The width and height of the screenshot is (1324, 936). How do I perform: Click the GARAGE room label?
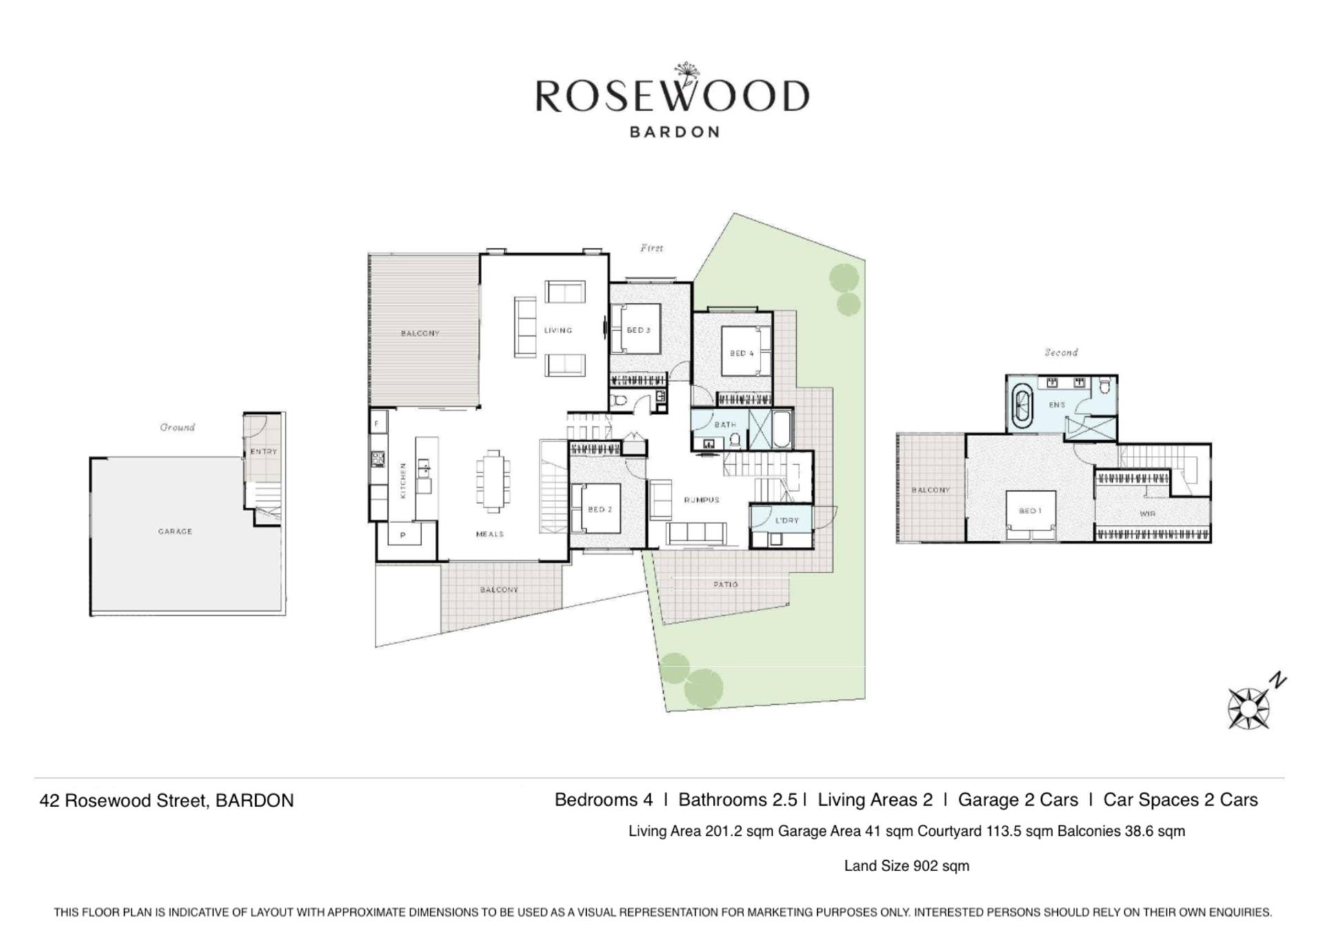(x=175, y=531)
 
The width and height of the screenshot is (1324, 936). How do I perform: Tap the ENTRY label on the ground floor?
(x=263, y=452)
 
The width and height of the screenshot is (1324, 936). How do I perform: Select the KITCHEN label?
(x=403, y=480)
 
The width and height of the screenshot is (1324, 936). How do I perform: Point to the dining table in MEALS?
(x=492, y=481)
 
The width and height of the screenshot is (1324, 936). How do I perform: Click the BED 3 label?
(x=639, y=330)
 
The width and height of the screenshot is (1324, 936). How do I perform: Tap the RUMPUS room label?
(x=702, y=500)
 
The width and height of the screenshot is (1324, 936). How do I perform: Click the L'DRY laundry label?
(x=786, y=521)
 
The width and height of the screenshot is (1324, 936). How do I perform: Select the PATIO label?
(x=725, y=584)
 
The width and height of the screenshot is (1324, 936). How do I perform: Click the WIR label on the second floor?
(x=1147, y=514)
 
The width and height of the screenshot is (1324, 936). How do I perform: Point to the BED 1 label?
(x=1030, y=511)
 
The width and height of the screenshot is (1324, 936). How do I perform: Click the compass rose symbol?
(x=1249, y=708)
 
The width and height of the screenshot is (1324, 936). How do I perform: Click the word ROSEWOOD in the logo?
(x=672, y=96)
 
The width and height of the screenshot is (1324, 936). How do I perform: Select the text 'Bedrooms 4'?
(x=603, y=800)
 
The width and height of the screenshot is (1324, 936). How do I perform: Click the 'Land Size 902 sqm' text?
(x=907, y=866)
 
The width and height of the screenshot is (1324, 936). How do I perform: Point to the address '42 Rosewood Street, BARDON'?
(x=167, y=801)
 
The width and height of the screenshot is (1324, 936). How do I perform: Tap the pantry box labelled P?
(x=403, y=535)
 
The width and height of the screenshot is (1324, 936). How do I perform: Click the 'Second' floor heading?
(x=1061, y=352)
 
